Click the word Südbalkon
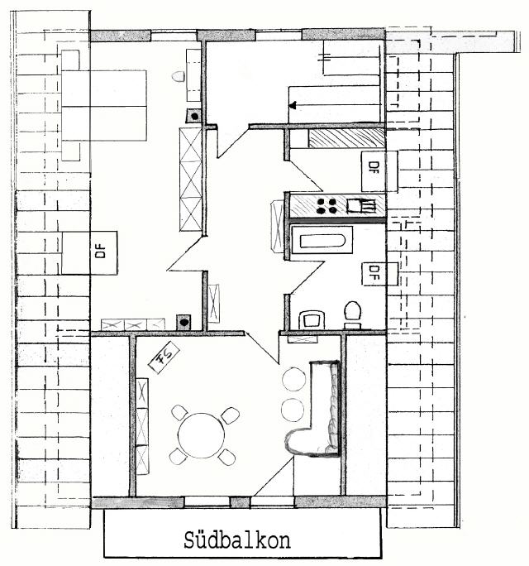(x=237, y=540)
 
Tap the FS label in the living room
(x=164, y=357)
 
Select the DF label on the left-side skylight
(x=101, y=252)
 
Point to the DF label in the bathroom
(x=374, y=273)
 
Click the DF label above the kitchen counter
(x=374, y=167)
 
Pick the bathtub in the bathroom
(x=322, y=240)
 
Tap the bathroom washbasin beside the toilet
(x=312, y=319)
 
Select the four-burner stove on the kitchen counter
(x=326, y=205)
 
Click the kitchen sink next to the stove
(x=361, y=205)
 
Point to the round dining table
(x=201, y=435)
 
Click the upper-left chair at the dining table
(x=179, y=412)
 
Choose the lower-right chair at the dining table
(x=226, y=457)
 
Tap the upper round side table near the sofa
(x=294, y=379)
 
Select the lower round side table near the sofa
(x=293, y=410)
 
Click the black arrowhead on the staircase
(x=293, y=105)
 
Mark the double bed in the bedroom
(x=104, y=105)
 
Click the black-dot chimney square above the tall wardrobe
(x=194, y=116)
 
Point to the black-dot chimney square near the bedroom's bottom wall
(x=183, y=322)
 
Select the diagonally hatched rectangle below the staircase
(x=346, y=138)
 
